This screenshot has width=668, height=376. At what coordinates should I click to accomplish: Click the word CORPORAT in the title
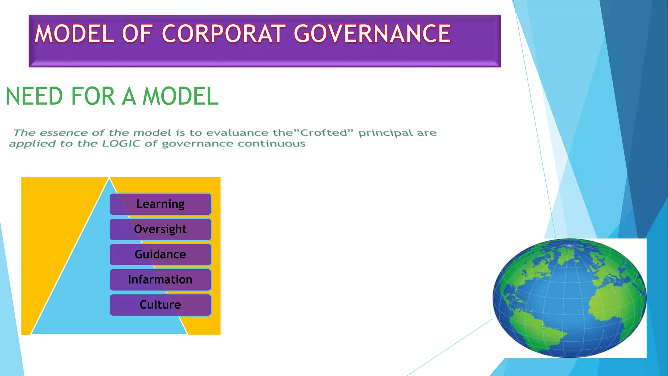pos(223,34)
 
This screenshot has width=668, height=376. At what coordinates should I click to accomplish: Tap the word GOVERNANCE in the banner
pos(372,34)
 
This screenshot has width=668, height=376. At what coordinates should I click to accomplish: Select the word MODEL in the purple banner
pos(74,34)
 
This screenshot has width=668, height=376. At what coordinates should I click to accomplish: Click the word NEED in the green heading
pos(34,96)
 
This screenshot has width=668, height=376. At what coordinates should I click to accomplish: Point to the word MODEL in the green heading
pos(180,96)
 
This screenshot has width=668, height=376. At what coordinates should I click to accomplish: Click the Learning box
pos(160,204)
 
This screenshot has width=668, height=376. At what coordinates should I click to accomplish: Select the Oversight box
pos(160,229)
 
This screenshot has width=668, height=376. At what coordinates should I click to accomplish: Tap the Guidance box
pos(160,254)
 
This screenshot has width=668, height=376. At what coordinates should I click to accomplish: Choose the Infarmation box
pos(160,279)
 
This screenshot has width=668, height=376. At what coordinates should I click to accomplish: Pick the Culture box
pos(160,305)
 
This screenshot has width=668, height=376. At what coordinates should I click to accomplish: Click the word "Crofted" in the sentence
pos(326,133)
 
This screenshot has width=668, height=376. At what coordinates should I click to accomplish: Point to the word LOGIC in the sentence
pos(121,144)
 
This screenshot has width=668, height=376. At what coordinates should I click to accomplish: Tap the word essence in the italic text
pos(64,133)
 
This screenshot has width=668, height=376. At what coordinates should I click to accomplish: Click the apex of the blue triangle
pos(109,179)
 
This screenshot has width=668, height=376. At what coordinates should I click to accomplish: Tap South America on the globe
pos(535,330)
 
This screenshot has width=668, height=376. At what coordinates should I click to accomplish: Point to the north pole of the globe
pos(570,245)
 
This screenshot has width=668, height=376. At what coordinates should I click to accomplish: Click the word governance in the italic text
pos(197,144)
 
